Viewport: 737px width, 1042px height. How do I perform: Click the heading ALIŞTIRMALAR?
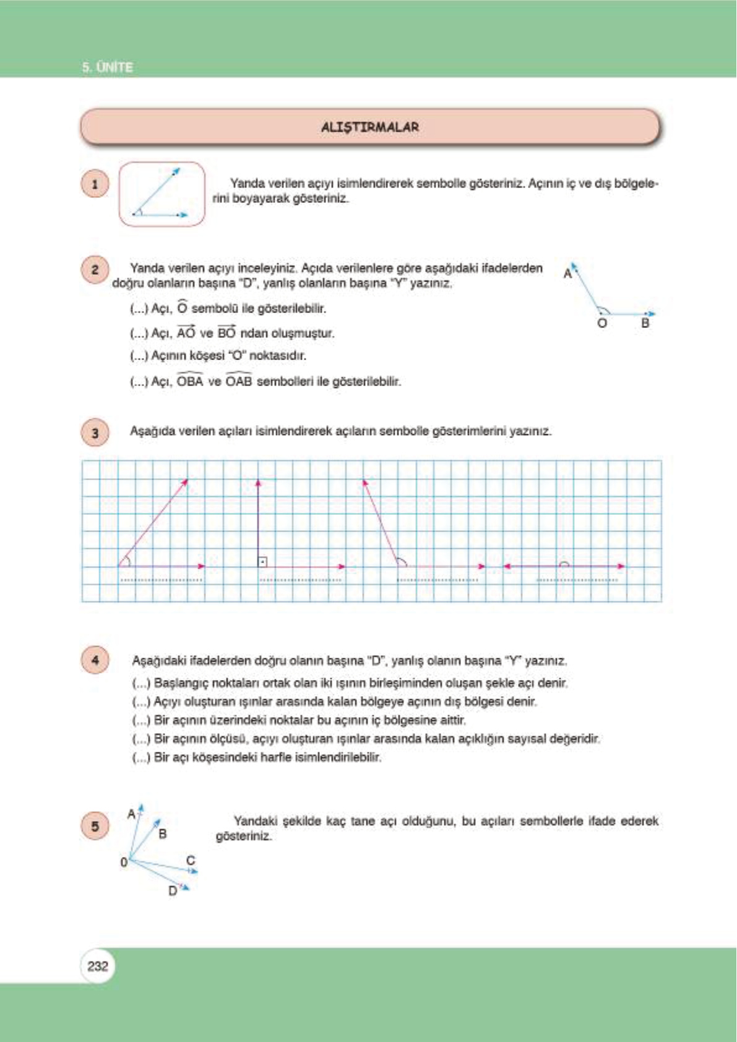pyautogui.click(x=369, y=127)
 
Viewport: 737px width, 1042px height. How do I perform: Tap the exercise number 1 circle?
pyautogui.click(x=95, y=184)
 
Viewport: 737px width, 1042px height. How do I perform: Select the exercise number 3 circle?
pyautogui.click(x=95, y=433)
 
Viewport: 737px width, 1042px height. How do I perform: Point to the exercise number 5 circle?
pyautogui.click(x=95, y=826)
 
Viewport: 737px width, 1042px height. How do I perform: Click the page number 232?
pyautogui.click(x=98, y=966)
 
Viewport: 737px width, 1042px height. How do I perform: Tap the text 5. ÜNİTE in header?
pyautogui.click(x=108, y=67)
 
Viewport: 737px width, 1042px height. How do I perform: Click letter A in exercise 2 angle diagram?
pyautogui.click(x=567, y=273)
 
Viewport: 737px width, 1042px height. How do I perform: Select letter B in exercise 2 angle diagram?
pyautogui.click(x=645, y=323)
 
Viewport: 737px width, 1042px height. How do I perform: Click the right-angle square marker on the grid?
pyautogui.click(x=262, y=562)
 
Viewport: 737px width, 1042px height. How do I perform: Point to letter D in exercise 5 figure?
pyautogui.click(x=173, y=891)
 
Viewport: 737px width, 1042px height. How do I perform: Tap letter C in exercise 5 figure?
pyautogui.click(x=191, y=860)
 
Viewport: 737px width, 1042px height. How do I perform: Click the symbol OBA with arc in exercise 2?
pyautogui.click(x=190, y=381)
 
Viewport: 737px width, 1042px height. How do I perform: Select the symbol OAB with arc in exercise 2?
pyautogui.click(x=239, y=381)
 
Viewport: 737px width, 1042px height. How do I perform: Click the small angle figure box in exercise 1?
pyautogui.click(x=162, y=194)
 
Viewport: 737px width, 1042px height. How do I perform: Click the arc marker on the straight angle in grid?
pyautogui.click(x=564, y=564)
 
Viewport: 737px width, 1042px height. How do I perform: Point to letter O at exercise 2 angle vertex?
pyautogui.click(x=601, y=323)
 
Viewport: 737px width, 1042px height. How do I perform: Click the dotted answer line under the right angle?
pyautogui.click(x=300, y=580)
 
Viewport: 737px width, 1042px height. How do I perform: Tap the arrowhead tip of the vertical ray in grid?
pyautogui.click(x=258, y=481)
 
